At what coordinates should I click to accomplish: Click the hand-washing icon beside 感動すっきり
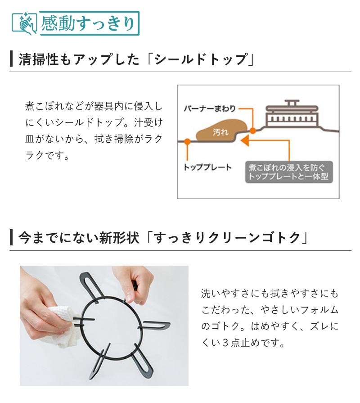(x=25, y=23)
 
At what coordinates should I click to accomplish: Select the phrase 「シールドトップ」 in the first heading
(x=199, y=59)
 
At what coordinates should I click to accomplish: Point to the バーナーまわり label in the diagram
(x=210, y=109)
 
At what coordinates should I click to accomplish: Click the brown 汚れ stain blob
(x=221, y=130)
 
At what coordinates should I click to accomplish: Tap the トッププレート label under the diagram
(x=207, y=168)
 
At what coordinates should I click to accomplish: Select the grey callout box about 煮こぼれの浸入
(x=289, y=172)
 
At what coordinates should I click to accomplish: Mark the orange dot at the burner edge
(x=253, y=131)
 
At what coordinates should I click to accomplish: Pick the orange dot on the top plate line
(x=188, y=141)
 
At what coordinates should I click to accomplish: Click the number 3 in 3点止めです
(x=225, y=343)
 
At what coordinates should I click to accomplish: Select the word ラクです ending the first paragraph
(x=48, y=155)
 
